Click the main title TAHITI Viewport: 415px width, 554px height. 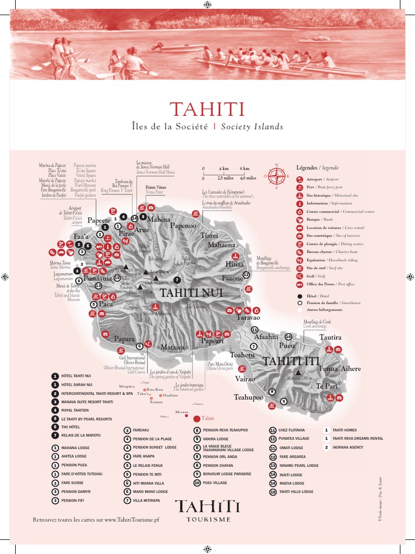(x=207, y=109)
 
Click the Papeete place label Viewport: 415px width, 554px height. (x=99, y=220)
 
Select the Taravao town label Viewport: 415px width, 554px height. (x=248, y=318)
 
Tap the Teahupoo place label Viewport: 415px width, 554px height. (x=249, y=397)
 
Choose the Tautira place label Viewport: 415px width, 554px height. (x=330, y=337)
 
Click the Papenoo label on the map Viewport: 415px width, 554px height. (x=183, y=226)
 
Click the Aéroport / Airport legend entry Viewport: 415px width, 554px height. (x=322, y=179)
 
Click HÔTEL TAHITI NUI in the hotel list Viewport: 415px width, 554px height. (x=76, y=375)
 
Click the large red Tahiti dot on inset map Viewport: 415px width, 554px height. (x=195, y=418)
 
